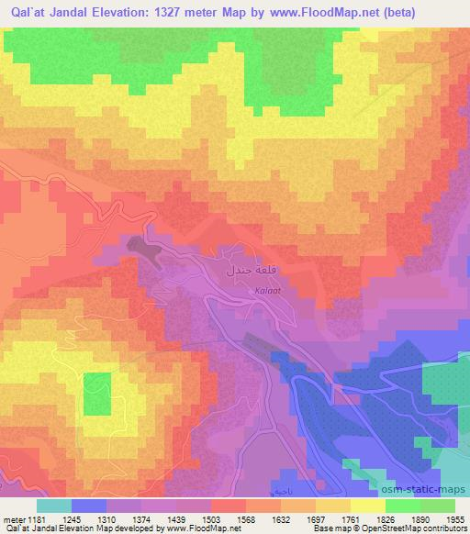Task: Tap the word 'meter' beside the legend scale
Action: point(13,519)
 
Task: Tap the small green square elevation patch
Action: point(97,392)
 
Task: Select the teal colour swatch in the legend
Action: point(53,505)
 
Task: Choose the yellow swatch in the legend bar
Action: point(367,505)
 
